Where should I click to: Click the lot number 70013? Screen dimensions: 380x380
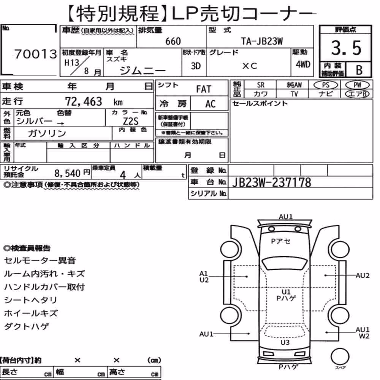pos(36,54)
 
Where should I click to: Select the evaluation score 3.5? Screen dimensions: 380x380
pos(346,48)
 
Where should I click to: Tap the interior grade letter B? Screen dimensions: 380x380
pos(359,70)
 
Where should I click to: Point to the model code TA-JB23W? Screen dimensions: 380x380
pos(262,41)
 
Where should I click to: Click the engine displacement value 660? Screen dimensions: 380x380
pos(173,41)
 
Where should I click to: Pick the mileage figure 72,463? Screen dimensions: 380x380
pos(84,101)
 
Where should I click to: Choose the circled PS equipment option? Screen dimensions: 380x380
pos(326,85)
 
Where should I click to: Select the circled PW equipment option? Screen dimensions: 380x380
pos(357,85)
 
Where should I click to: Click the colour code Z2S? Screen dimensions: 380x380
pos(131,121)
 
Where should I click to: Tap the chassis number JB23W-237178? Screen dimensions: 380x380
pos(271,182)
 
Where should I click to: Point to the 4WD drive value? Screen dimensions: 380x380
pos(303,65)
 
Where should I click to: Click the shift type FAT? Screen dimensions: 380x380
pos(204,89)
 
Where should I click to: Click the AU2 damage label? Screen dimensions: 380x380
pos(362,275)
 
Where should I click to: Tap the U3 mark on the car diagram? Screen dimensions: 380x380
pos(285,342)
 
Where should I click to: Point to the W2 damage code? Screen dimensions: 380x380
pos(364,336)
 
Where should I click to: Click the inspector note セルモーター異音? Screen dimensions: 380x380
pos(40,261)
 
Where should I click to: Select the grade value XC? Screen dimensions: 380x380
pos(250,66)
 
